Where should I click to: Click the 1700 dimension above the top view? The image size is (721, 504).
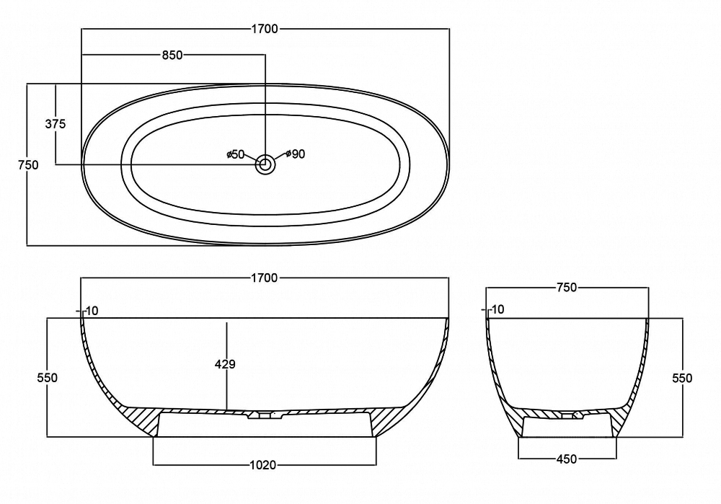(x=265, y=29)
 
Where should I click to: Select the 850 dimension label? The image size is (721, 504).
(x=172, y=56)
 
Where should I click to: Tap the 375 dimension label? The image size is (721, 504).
(x=56, y=124)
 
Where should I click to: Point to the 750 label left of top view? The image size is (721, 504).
(x=28, y=164)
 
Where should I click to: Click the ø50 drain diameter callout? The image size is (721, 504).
(x=236, y=154)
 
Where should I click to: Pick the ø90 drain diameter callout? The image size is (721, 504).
(x=296, y=154)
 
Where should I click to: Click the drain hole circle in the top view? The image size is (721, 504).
(x=265, y=164)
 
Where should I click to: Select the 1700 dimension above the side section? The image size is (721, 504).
(x=265, y=278)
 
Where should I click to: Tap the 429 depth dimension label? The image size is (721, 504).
(x=225, y=364)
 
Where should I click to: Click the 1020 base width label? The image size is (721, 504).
(x=263, y=465)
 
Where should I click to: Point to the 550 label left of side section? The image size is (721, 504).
(x=48, y=378)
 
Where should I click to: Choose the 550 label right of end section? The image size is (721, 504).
(x=682, y=378)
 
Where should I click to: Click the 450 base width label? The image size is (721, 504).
(x=567, y=459)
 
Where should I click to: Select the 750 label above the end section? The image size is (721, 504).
(x=567, y=288)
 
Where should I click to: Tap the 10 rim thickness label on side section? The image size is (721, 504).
(x=92, y=311)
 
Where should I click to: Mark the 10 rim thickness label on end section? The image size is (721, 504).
(x=497, y=309)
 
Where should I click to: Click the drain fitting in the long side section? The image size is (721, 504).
(x=265, y=415)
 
